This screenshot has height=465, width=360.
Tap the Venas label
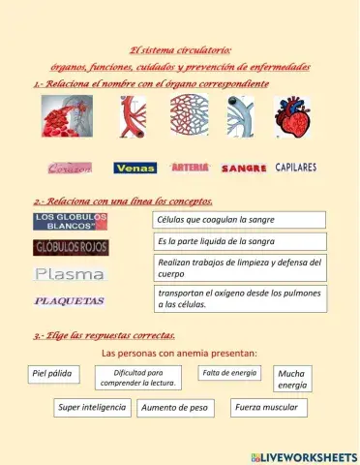point(135,168)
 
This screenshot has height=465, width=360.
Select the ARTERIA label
point(190,167)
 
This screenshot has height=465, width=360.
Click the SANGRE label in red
point(244,169)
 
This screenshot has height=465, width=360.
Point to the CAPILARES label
point(295,168)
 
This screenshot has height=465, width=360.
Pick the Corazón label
point(70,168)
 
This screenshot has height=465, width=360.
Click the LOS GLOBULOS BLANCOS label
point(70,222)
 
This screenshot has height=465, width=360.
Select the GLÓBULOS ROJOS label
point(71,247)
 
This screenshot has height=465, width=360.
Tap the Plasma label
point(70,274)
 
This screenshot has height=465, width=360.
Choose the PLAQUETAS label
point(70,301)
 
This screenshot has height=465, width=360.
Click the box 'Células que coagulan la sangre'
point(240,220)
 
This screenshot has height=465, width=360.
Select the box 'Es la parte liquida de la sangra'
point(240,241)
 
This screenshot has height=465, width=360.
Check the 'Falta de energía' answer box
point(230,373)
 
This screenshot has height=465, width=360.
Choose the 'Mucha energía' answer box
point(292,379)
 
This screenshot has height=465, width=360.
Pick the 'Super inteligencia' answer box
point(92,408)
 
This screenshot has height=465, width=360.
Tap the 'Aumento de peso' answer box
point(175,408)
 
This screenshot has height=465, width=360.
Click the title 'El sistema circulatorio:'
point(181,50)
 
